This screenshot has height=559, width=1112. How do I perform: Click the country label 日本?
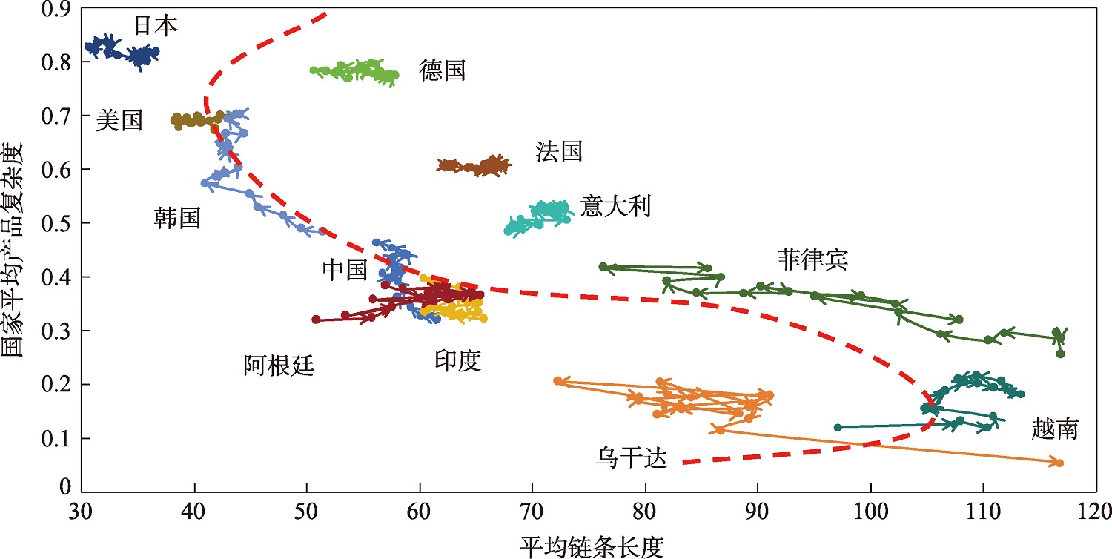pos(156,26)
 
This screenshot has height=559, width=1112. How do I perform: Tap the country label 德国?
pos(442,71)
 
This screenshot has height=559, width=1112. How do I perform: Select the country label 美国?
pos(119,121)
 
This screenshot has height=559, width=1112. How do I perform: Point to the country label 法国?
pos(559,152)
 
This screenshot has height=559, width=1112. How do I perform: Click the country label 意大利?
pos(615,206)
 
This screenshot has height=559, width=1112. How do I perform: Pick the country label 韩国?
pos(177,218)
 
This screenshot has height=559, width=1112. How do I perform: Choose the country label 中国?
pos(345,271)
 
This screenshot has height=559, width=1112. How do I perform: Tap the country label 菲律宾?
pos(812,259)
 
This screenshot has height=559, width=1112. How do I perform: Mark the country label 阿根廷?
pos(279,365)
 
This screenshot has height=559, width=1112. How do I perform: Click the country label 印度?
pos(457,361)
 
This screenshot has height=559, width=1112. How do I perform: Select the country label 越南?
pos(1054,429)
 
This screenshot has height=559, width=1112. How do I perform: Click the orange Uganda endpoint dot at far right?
pos(1059,463)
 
